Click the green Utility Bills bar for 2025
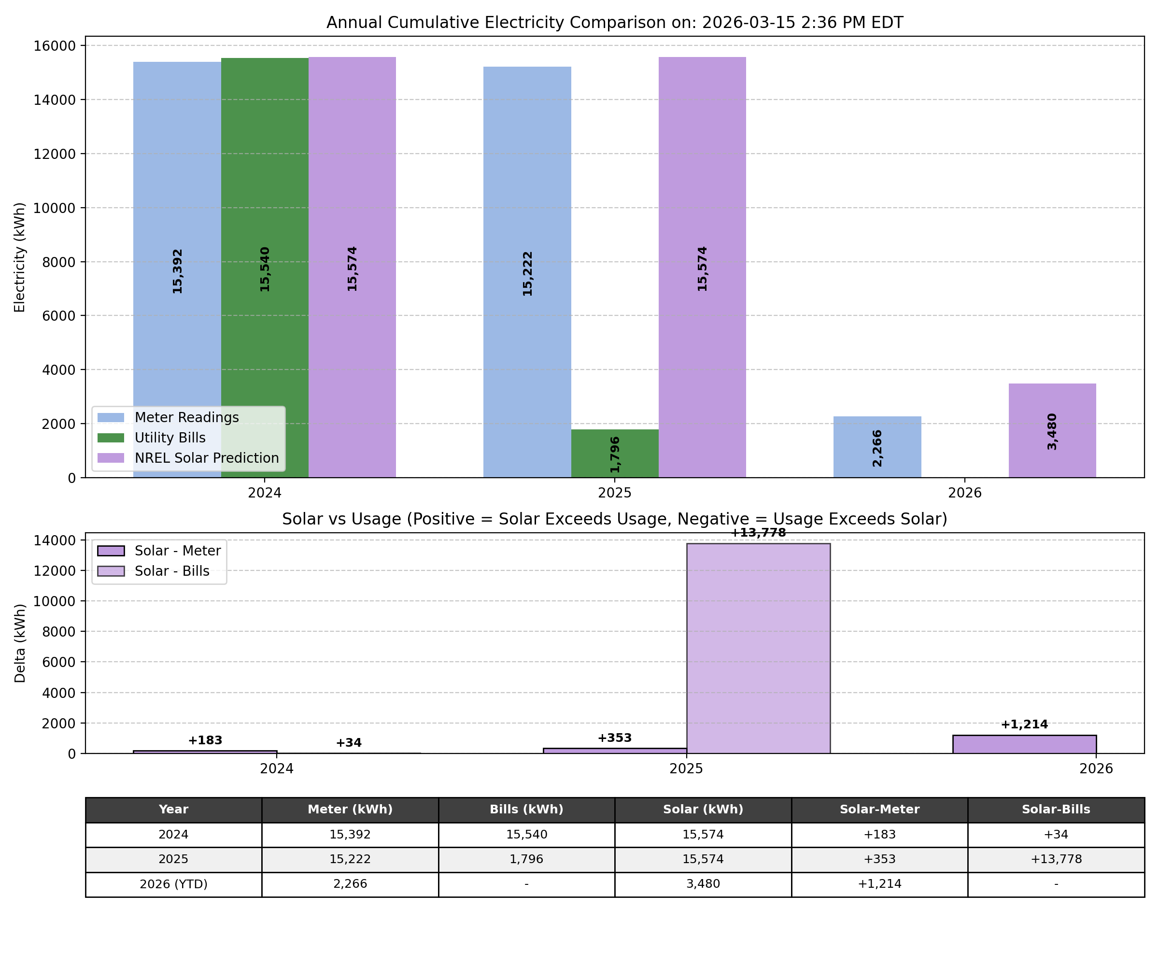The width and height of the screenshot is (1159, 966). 614,453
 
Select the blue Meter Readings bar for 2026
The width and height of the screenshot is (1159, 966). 877,447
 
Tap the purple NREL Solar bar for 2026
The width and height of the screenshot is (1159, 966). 1052,430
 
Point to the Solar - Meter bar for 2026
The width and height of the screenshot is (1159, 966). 1024,744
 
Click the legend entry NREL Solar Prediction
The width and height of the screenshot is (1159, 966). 206,458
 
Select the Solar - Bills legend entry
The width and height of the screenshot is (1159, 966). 171,571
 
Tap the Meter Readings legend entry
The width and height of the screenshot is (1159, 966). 186,417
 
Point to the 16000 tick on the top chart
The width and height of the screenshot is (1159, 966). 54,46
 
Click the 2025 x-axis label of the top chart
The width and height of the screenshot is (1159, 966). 614,493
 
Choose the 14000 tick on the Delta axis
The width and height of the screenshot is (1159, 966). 54,540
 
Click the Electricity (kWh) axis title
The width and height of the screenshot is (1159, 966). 20,257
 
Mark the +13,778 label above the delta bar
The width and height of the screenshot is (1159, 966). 758,533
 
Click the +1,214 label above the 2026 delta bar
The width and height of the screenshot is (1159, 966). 1024,725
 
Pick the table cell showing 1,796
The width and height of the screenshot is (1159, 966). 526,859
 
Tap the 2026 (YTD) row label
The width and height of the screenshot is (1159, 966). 173,884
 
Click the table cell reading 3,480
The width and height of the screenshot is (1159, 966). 703,884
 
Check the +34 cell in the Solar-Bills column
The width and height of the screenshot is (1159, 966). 1055,835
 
